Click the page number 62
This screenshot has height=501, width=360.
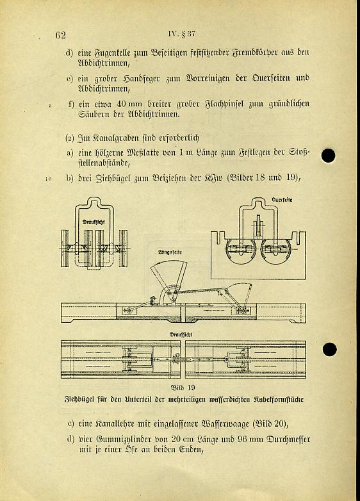click(x=61, y=35)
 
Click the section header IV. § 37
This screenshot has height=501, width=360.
click(x=181, y=34)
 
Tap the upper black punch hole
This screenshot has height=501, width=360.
click(x=328, y=156)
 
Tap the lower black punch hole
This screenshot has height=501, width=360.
click(x=329, y=349)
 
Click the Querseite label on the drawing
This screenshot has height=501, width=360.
click(x=282, y=200)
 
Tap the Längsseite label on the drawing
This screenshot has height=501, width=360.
click(x=170, y=252)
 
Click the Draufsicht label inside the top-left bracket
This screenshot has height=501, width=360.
click(x=94, y=222)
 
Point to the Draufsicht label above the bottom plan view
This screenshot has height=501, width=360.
click(x=181, y=334)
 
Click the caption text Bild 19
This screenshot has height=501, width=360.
click(x=183, y=388)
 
